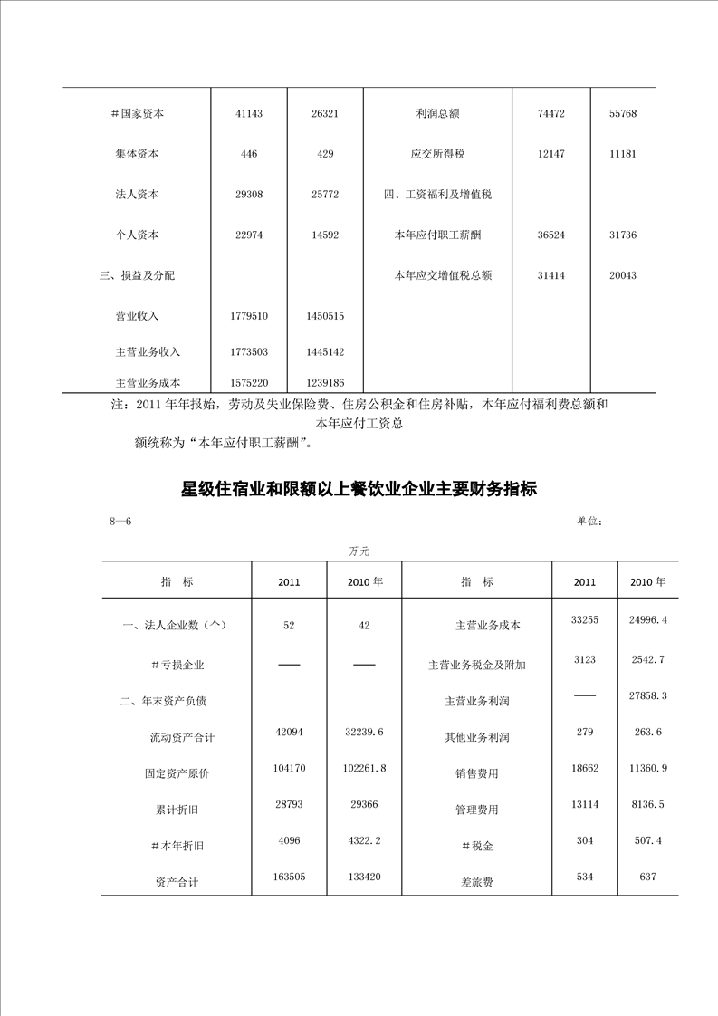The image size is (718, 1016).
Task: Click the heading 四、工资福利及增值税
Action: (437, 195)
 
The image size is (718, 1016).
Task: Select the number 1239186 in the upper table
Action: (325, 383)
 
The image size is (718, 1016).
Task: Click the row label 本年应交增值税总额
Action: (443, 275)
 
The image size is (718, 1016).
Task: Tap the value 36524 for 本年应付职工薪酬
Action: (550, 235)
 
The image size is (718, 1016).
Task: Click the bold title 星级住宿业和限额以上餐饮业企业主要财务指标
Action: (359, 490)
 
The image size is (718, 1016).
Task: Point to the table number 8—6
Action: (120, 522)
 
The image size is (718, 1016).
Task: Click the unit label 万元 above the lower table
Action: (359, 551)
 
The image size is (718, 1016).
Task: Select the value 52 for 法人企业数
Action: (289, 625)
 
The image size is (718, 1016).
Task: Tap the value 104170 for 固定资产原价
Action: (289, 768)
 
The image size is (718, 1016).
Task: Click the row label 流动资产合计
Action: (183, 737)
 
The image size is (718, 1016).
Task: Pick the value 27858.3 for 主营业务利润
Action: (647, 695)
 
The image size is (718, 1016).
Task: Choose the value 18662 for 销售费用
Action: (585, 768)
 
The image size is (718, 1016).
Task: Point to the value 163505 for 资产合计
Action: (289, 876)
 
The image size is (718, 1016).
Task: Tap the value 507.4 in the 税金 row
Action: (647, 841)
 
